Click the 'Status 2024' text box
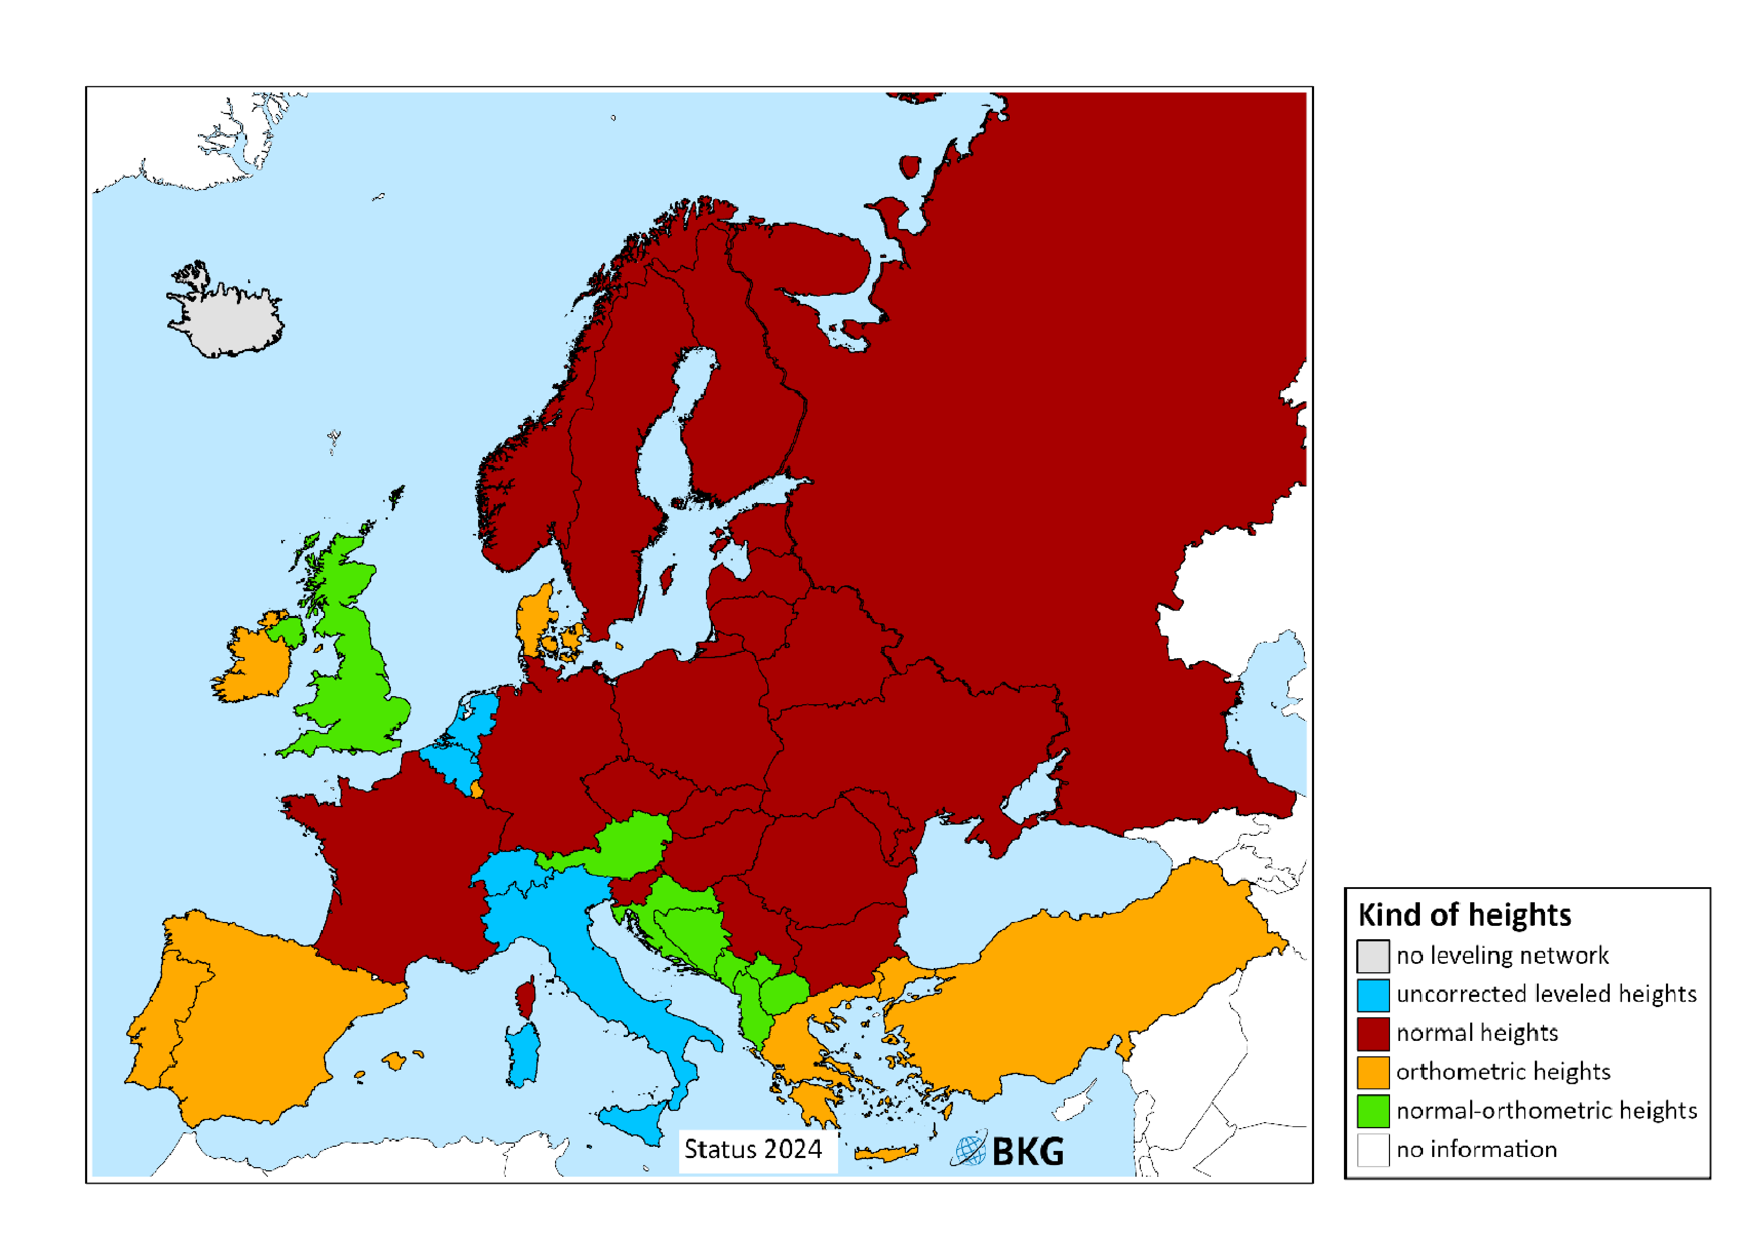point(753,1149)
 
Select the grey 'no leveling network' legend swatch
point(1373,956)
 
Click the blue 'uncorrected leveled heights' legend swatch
point(1373,995)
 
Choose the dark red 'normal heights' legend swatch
point(1373,1033)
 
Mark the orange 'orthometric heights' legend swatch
point(1373,1072)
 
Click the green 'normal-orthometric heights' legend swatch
point(1373,1111)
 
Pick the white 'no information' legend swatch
point(1373,1150)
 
